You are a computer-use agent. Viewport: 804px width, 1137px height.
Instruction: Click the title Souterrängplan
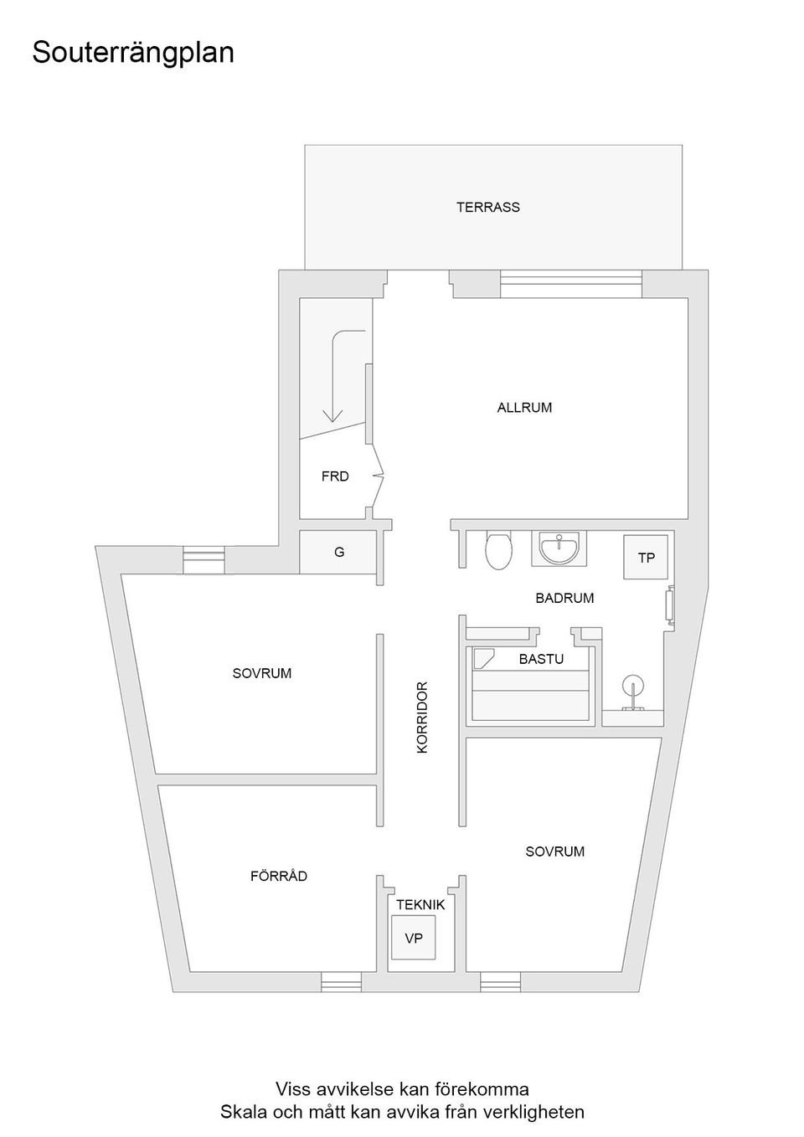[x=133, y=53]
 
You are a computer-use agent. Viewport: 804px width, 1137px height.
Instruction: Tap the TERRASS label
[x=487, y=207]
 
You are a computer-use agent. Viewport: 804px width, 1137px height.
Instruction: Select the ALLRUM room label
[x=524, y=408]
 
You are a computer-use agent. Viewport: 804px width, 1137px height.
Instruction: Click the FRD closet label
[x=335, y=476]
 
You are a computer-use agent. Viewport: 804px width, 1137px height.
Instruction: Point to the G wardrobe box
[x=338, y=553]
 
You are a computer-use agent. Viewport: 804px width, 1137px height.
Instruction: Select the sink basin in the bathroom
[x=559, y=548]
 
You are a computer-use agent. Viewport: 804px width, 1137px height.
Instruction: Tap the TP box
[x=646, y=558]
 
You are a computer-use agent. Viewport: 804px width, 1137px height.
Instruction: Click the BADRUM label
[x=564, y=598]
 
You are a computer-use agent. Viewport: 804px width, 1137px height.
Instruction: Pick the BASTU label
[x=541, y=659]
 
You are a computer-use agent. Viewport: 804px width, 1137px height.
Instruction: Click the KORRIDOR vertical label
[x=422, y=717]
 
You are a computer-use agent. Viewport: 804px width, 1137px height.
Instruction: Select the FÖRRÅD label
[x=279, y=876]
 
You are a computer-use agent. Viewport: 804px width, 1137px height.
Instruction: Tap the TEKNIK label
[x=420, y=905]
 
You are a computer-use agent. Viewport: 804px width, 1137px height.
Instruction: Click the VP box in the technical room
[x=414, y=939]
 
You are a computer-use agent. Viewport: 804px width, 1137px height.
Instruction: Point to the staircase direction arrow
[x=334, y=377]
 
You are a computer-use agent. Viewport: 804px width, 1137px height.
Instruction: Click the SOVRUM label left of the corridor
[x=262, y=673]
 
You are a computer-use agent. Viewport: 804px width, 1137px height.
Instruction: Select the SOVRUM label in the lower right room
[x=555, y=851]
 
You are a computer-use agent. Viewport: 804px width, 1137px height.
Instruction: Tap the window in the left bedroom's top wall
[x=204, y=559]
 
